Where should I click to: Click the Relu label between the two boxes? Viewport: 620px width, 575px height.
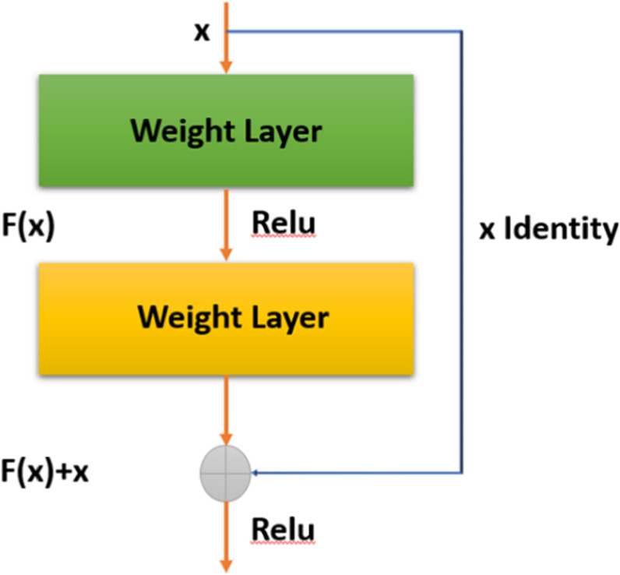pos(284,224)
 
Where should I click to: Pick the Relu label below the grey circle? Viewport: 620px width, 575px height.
pos(284,531)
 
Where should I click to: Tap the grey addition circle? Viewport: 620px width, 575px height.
pos(226,472)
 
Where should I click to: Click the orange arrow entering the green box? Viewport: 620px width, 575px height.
pos(226,47)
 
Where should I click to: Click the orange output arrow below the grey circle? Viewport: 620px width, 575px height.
pos(226,538)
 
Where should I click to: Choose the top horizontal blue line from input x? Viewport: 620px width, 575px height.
pos(343,31)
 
